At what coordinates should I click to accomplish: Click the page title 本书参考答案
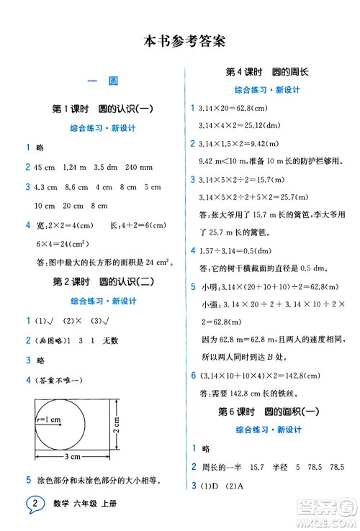coord(180,42)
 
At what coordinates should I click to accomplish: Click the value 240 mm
coord(140,167)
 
